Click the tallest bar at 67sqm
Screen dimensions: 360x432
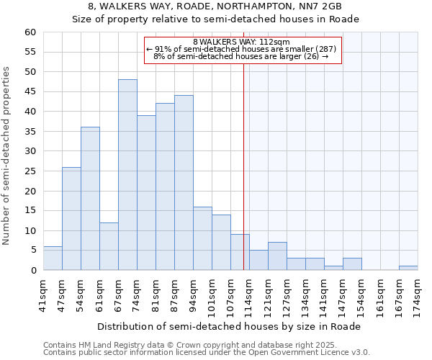(x=127, y=175)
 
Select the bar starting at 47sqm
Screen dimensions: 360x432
(x=71, y=219)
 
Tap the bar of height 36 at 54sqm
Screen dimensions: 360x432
(x=90, y=199)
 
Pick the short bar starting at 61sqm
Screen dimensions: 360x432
(x=109, y=246)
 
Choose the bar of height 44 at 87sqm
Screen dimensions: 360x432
(x=184, y=183)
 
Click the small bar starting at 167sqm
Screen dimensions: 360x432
(x=408, y=268)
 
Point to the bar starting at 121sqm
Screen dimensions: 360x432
(x=277, y=256)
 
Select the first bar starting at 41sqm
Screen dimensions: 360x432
(x=53, y=258)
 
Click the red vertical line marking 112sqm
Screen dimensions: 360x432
(x=243, y=166)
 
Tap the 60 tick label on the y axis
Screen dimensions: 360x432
(x=30, y=32)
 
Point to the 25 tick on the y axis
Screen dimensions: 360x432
(x=30, y=171)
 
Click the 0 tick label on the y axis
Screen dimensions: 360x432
(x=32, y=271)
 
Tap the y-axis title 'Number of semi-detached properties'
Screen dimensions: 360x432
(x=7, y=156)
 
